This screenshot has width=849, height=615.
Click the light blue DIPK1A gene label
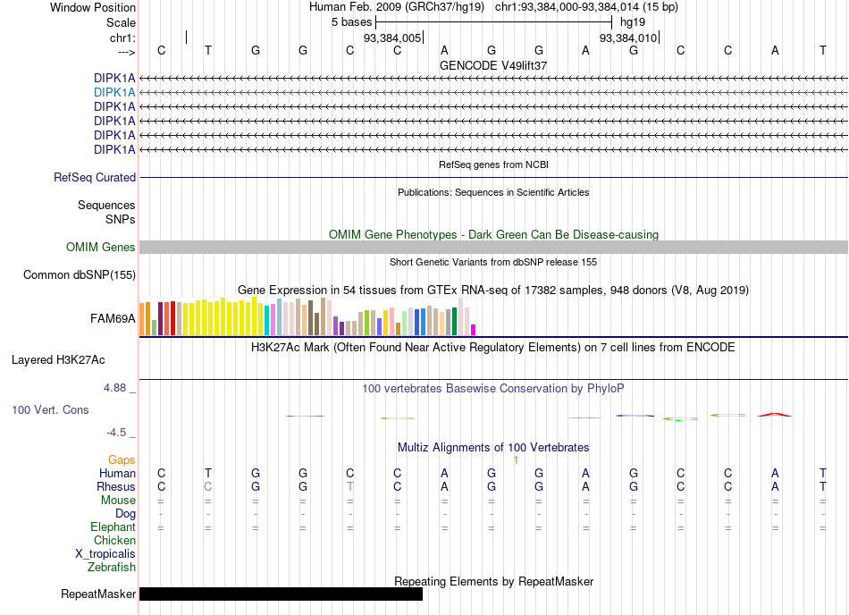pyautogui.click(x=114, y=93)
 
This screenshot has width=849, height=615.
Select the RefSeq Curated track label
pyautogui.click(x=95, y=178)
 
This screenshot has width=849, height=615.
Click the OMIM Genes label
pyautogui.click(x=100, y=248)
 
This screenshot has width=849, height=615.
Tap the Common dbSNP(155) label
pyautogui.click(x=79, y=275)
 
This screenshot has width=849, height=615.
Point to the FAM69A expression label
pyautogui.click(x=113, y=319)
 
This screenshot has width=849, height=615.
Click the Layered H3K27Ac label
pyautogui.click(x=58, y=360)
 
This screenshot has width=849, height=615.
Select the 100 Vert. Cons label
pyautogui.click(x=50, y=409)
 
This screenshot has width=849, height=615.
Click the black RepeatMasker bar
pyautogui.click(x=281, y=594)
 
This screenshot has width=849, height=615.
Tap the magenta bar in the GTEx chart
pyautogui.click(x=474, y=330)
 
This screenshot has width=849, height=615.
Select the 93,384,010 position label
pyautogui.click(x=628, y=38)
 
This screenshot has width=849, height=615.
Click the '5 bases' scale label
pyautogui.click(x=352, y=22)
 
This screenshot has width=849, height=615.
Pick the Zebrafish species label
pyautogui.click(x=112, y=568)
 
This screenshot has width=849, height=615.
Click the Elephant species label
pyautogui.click(x=113, y=527)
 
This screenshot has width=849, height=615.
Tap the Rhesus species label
pyautogui.click(x=116, y=486)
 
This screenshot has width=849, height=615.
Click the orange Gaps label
pyautogui.click(x=122, y=459)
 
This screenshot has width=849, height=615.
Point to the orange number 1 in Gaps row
pyautogui.click(x=516, y=459)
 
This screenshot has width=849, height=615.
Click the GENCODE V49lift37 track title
pyautogui.click(x=493, y=65)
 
